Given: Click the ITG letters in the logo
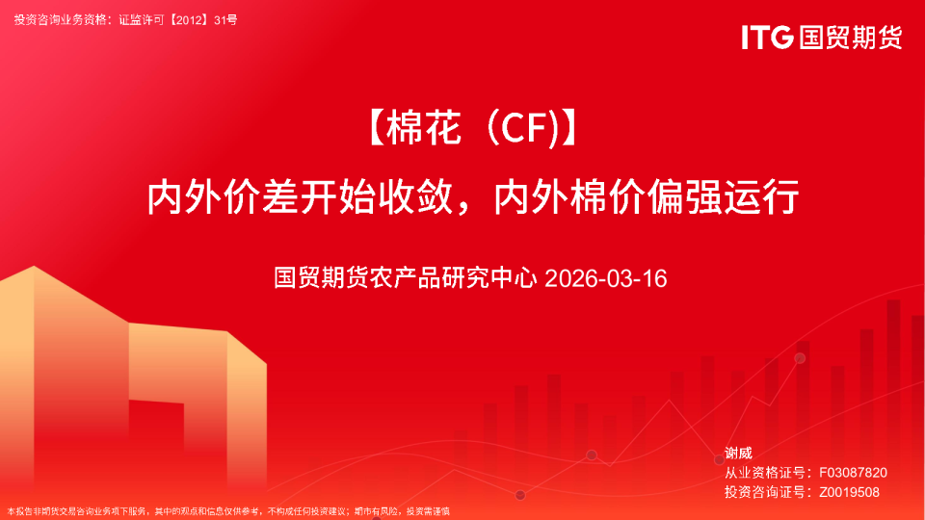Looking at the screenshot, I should point(767,38).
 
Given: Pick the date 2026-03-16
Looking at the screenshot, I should point(605,279).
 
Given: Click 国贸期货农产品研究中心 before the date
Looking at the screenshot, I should point(405,279).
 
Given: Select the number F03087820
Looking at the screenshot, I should point(853,473).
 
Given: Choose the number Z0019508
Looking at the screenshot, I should point(849,492).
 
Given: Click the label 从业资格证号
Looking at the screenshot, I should point(765,473).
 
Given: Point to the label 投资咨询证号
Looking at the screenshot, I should point(765,492).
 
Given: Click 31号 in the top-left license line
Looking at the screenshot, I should point(225,19).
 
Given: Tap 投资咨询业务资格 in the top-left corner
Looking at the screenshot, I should point(58,19).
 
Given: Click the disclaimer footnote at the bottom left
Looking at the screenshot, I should point(228,511).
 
